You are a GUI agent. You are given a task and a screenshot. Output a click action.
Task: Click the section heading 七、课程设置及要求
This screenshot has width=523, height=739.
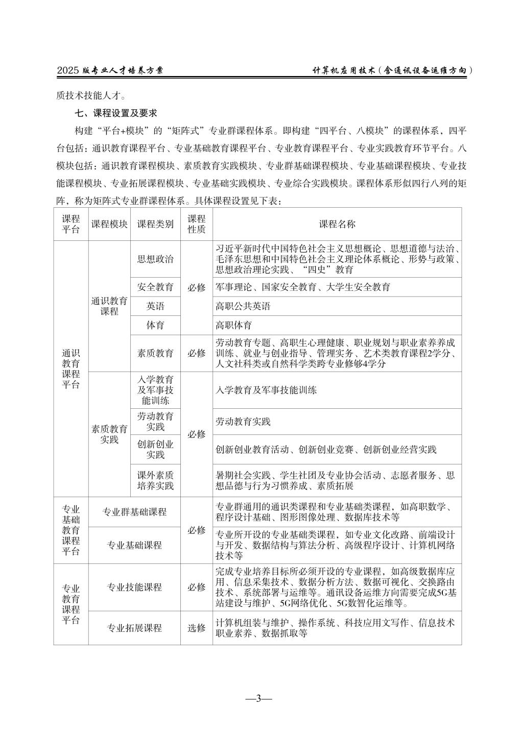tap(115, 114)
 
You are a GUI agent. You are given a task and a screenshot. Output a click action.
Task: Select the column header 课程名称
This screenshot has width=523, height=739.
tap(337, 224)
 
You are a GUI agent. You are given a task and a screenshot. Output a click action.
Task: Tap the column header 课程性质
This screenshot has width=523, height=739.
tap(196, 224)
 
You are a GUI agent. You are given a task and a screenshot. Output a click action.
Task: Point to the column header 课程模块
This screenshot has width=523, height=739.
tap(109, 224)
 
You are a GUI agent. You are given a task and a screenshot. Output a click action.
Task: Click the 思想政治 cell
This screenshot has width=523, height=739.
tap(155, 259)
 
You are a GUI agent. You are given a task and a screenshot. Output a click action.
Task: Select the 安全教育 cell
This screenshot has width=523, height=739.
tap(155, 287)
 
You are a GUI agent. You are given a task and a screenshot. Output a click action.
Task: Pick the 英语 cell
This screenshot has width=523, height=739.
tap(155, 306)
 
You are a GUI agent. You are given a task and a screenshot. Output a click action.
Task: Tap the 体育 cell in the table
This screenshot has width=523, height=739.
tap(155, 325)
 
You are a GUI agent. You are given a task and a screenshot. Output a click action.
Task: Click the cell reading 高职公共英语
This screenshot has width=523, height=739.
tap(243, 306)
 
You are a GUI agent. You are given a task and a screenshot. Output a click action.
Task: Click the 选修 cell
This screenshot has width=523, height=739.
tap(196, 628)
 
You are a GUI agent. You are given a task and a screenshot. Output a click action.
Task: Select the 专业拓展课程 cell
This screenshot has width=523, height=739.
tap(134, 628)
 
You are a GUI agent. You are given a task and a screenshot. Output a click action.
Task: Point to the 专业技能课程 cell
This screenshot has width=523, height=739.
tap(134, 587)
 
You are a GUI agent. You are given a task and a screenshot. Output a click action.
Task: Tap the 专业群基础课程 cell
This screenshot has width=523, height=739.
tap(134, 512)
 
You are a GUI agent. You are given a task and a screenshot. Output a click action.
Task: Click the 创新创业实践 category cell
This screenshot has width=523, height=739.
tap(155, 449)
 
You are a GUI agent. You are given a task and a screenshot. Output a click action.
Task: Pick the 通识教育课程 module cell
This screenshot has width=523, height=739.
tap(109, 306)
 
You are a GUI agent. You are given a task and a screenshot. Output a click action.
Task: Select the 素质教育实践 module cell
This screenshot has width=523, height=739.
tap(109, 434)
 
